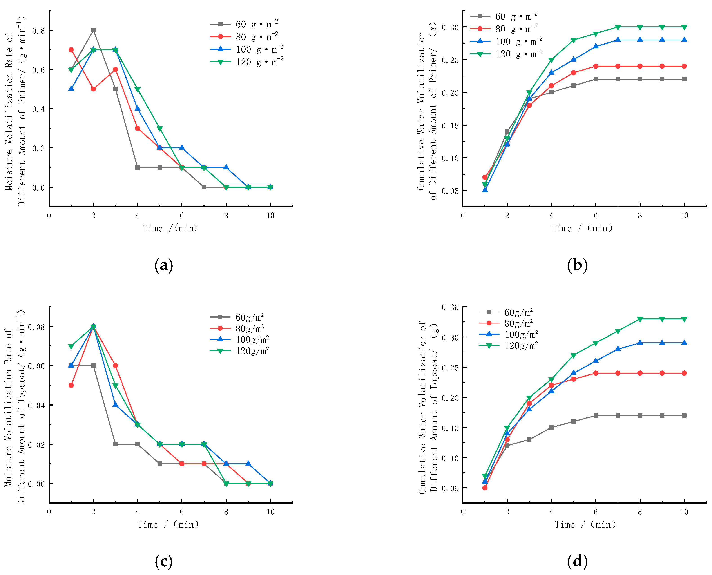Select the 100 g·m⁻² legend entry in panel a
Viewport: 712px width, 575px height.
point(247,49)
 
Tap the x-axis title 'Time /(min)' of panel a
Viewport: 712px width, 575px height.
point(170,228)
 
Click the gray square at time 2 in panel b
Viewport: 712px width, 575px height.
point(507,131)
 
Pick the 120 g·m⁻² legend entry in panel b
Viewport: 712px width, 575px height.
point(506,54)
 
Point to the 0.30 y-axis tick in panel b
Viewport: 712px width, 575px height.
point(450,27)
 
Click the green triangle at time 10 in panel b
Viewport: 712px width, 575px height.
point(684,27)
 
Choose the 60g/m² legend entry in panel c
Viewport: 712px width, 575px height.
point(237,317)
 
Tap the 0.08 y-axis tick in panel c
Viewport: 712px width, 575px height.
point(36,327)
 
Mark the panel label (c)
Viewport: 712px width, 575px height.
point(164,562)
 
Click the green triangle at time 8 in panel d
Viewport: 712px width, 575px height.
point(640,319)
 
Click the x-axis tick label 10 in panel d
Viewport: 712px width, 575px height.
point(684,512)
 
